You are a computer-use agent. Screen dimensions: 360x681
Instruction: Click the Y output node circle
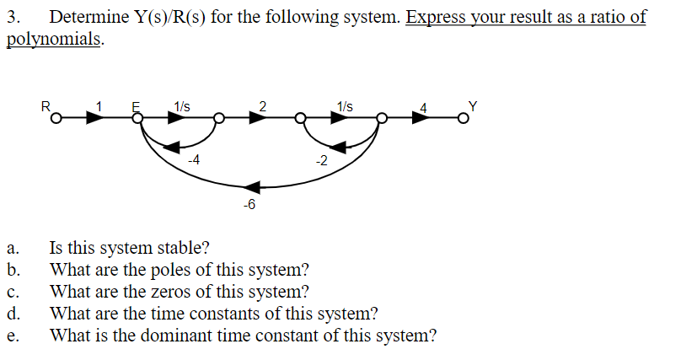tap(462, 119)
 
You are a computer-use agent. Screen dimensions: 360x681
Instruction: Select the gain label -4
tap(193, 159)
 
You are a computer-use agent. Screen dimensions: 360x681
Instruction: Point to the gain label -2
tap(320, 159)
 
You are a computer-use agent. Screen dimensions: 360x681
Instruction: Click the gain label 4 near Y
tap(424, 108)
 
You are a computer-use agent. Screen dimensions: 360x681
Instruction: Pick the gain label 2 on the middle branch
tap(263, 106)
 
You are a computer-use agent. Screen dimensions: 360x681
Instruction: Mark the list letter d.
tap(11, 314)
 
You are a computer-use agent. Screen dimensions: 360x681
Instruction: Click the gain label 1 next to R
tap(99, 106)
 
